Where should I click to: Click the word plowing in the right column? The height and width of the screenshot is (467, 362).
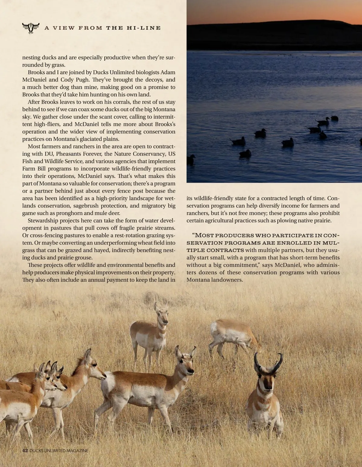288,220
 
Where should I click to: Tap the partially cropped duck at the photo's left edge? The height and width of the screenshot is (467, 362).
191,159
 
